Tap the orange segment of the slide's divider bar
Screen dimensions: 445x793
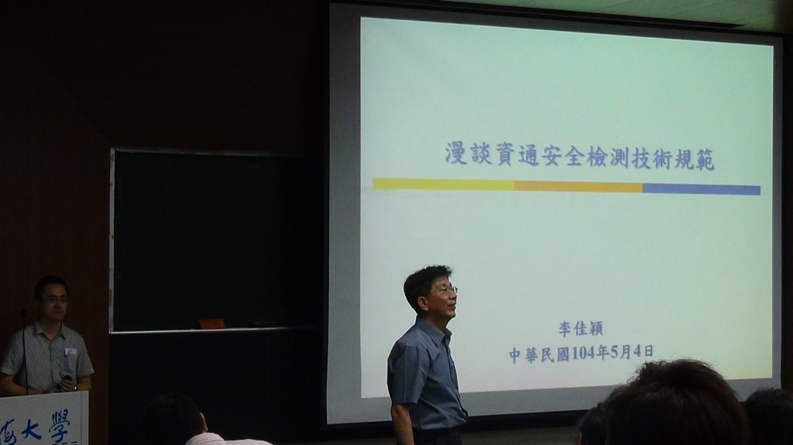pyautogui.click(x=578, y=187)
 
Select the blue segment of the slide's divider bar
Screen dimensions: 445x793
pyautogui.click(x=701, y=189)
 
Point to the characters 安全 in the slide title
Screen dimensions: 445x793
pyautogui.click(x=558, y=156)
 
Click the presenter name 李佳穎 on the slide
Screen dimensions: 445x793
pyautogui.click(x=581, y=329)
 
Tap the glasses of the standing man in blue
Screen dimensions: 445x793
pyautogui.click(x=445, y=290)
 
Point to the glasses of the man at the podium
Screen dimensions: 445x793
pyautogui.click(x=54, y=299)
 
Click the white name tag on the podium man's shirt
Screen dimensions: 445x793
pyautogui.click(x=70, y=351)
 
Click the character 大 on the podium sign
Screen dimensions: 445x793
pyautogui.click(x=31, y=430)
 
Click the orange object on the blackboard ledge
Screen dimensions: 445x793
pyautogui.click(x=211, y=323)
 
